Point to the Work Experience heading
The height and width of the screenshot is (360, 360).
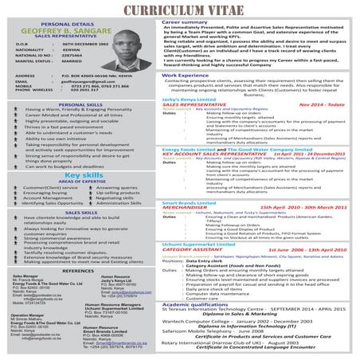coord(190,96)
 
